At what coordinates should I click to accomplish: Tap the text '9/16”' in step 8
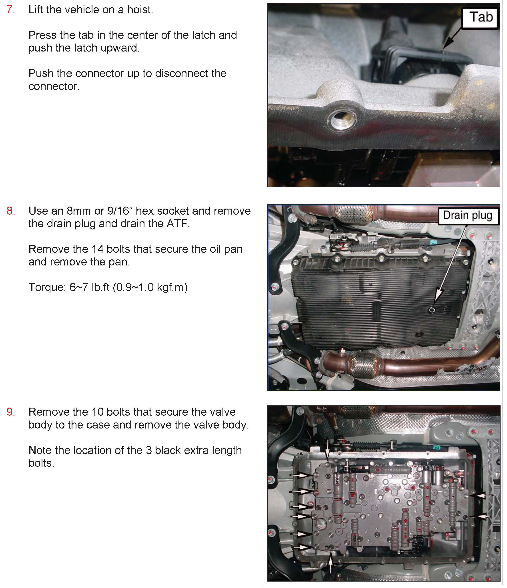pos(120,211)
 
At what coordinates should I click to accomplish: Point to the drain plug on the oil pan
pos(431,310)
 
